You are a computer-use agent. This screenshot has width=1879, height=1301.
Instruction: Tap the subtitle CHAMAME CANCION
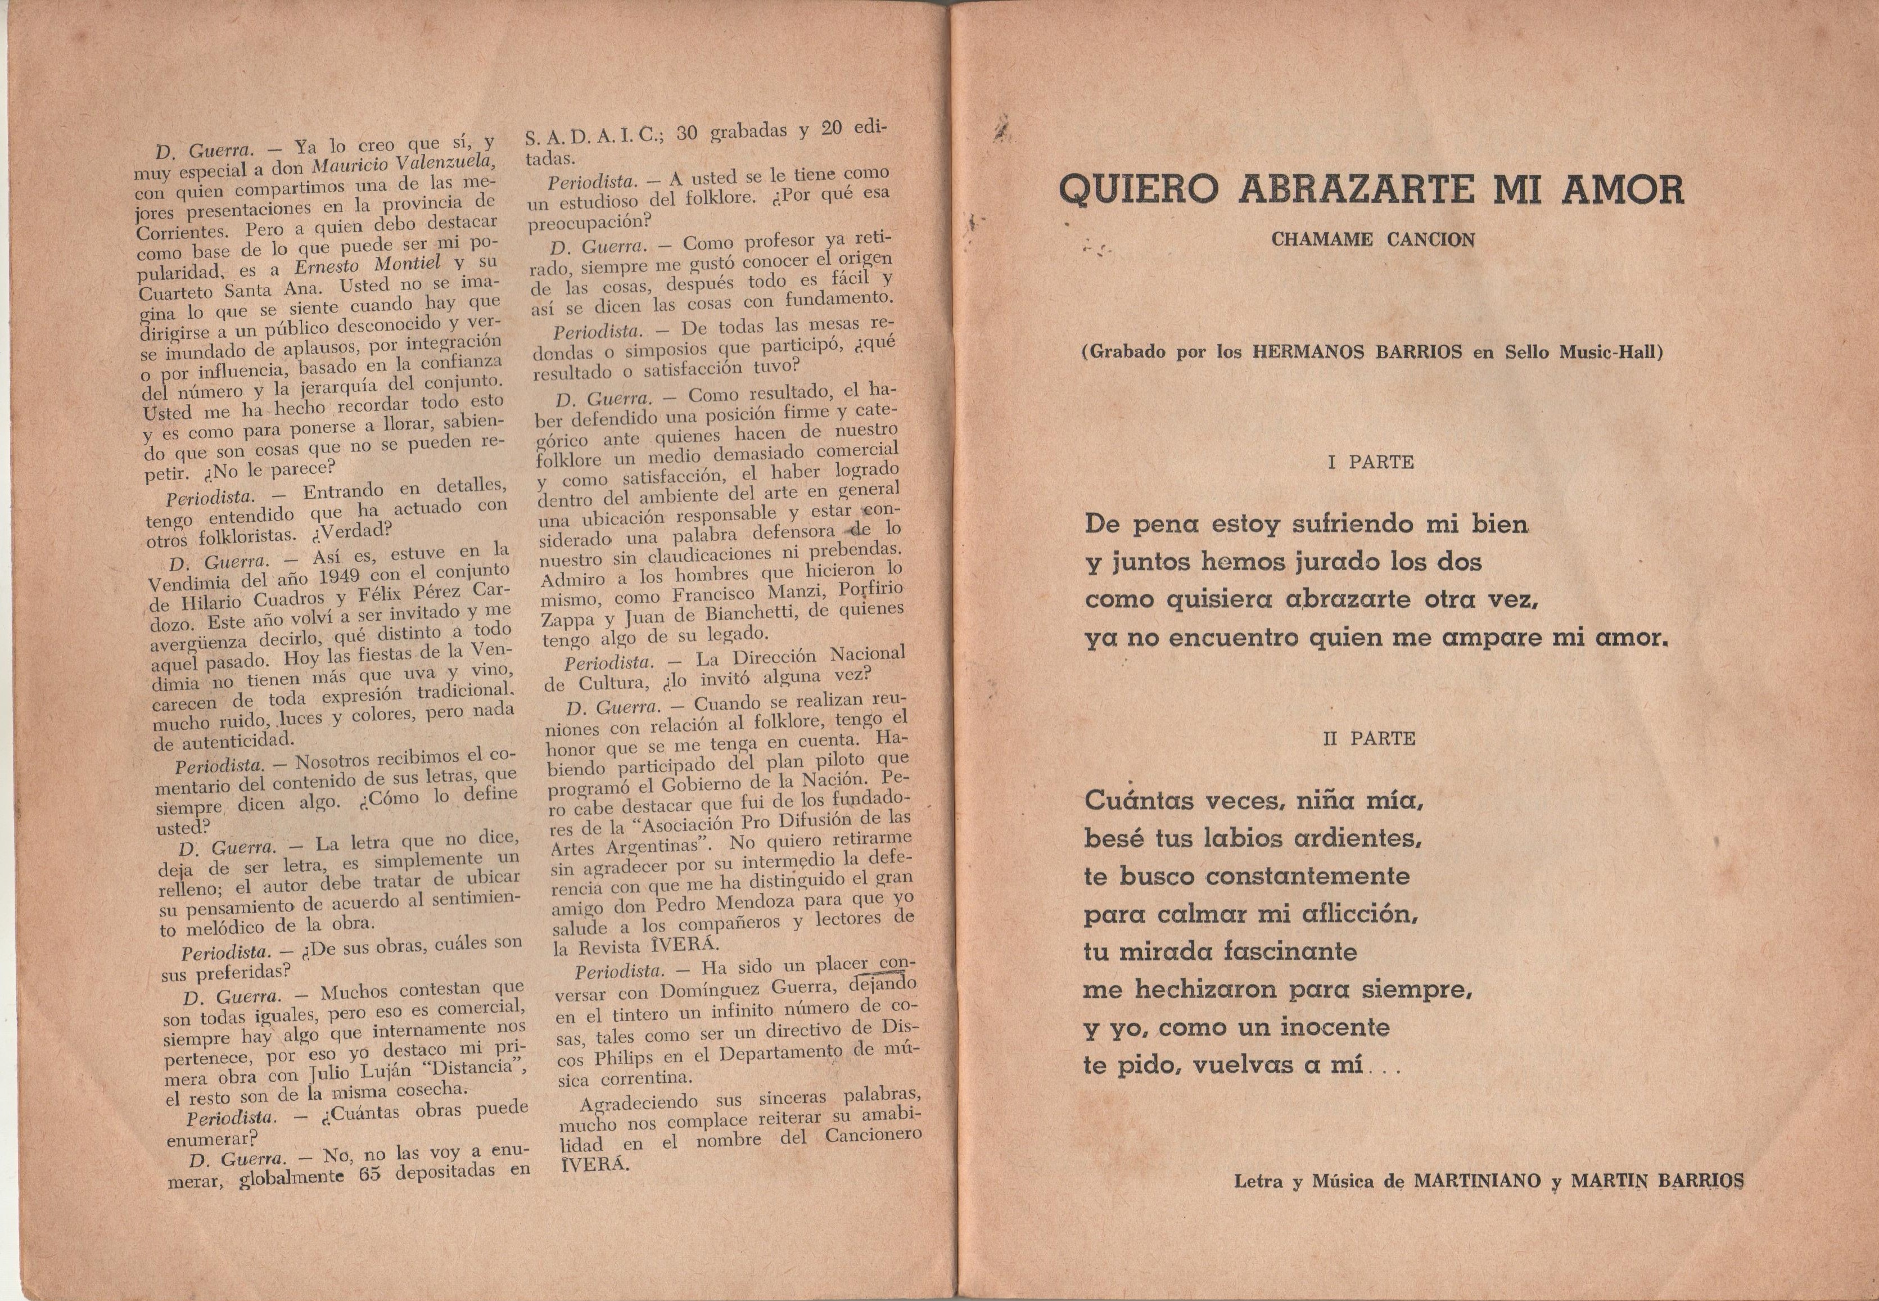pyautogui.click(x=1373, y=241)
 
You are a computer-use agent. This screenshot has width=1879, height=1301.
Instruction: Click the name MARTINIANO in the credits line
pyautogui.click(x=1477, y=1180)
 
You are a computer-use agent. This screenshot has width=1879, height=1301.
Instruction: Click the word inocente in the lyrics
pyautogui.click(x=1334, y=1027)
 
